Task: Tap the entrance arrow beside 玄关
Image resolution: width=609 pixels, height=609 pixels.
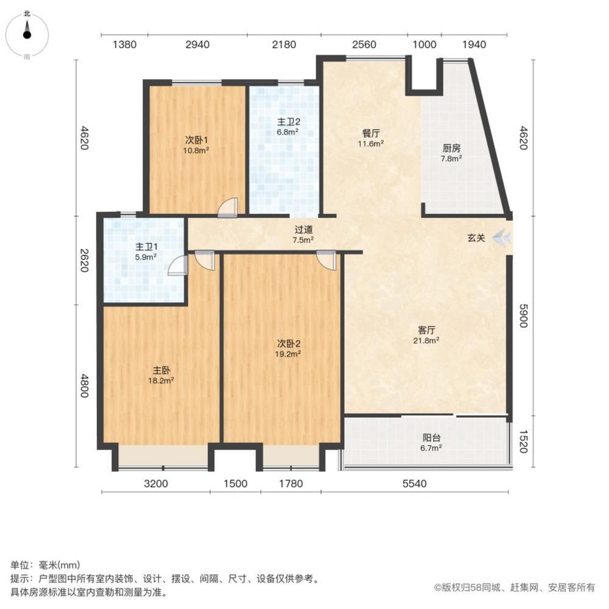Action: coord(501,238)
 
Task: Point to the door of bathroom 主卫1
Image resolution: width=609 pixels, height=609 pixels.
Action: coord(177,266)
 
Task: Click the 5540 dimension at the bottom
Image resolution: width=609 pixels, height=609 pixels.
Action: coord(415,484)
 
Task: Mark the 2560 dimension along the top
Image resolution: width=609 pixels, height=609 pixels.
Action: coord(364,44)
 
